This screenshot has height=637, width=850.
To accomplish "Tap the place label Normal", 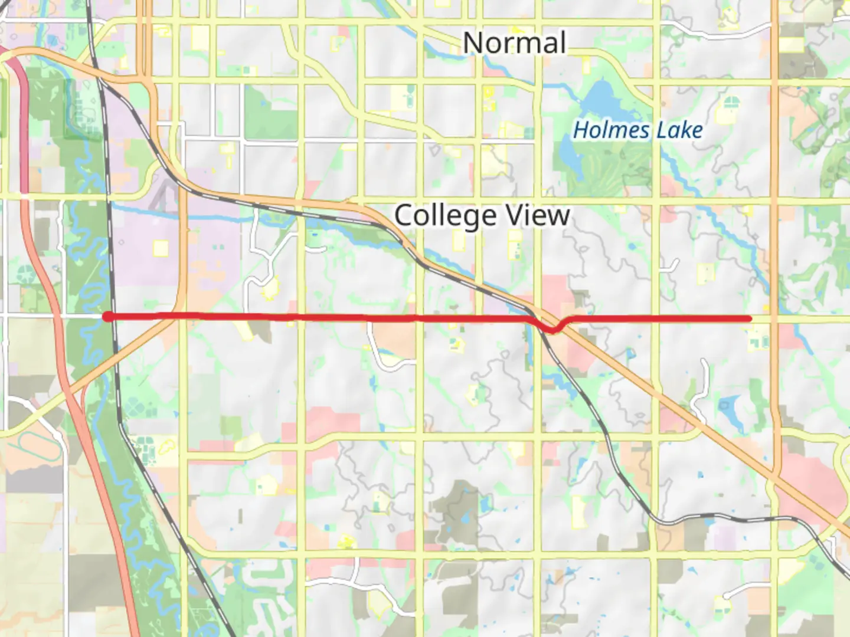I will point(514,43).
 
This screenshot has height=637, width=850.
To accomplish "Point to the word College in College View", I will point(445,216).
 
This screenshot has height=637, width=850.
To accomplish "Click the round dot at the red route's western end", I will point(107,317).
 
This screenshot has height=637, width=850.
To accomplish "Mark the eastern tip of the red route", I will point(750,318).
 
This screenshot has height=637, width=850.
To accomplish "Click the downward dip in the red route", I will point(553,329).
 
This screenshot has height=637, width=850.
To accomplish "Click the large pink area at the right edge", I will point(818,490).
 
